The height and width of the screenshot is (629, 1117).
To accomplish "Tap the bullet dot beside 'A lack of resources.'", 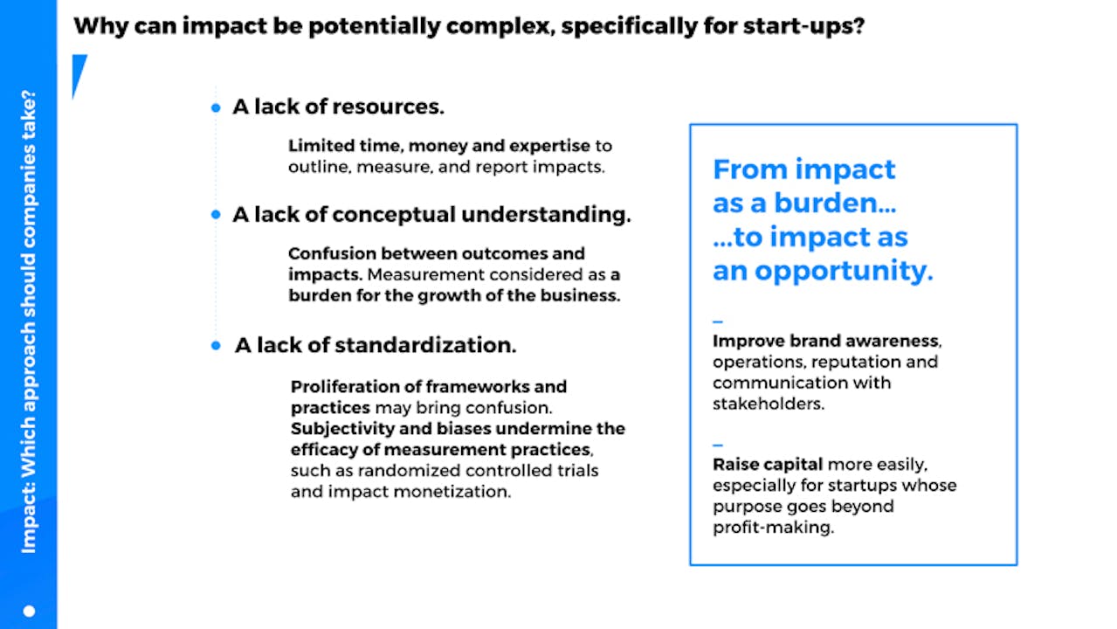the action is [216, 107].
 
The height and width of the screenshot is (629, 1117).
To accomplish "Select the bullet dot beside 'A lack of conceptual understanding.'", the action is [216, 215].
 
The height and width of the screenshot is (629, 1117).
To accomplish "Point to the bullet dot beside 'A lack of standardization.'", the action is [216, 345].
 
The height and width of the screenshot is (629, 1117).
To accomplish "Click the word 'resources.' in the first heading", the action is [388, 107].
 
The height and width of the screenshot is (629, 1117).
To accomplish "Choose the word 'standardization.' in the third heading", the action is [425, 345].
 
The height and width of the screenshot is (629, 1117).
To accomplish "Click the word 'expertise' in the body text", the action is [549, 146].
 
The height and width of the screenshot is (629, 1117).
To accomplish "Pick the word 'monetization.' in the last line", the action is [452, 492].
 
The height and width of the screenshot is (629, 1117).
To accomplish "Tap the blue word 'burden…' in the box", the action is [835, 204].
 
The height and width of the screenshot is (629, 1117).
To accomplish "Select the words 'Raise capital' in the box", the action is [768, 465].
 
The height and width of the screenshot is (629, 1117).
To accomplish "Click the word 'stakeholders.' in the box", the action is [769, 404].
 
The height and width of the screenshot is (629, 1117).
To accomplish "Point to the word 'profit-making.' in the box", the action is [774, 528].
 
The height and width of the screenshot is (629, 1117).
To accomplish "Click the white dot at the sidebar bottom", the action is [30, 611].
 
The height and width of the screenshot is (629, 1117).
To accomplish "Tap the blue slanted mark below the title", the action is [79, 76].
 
